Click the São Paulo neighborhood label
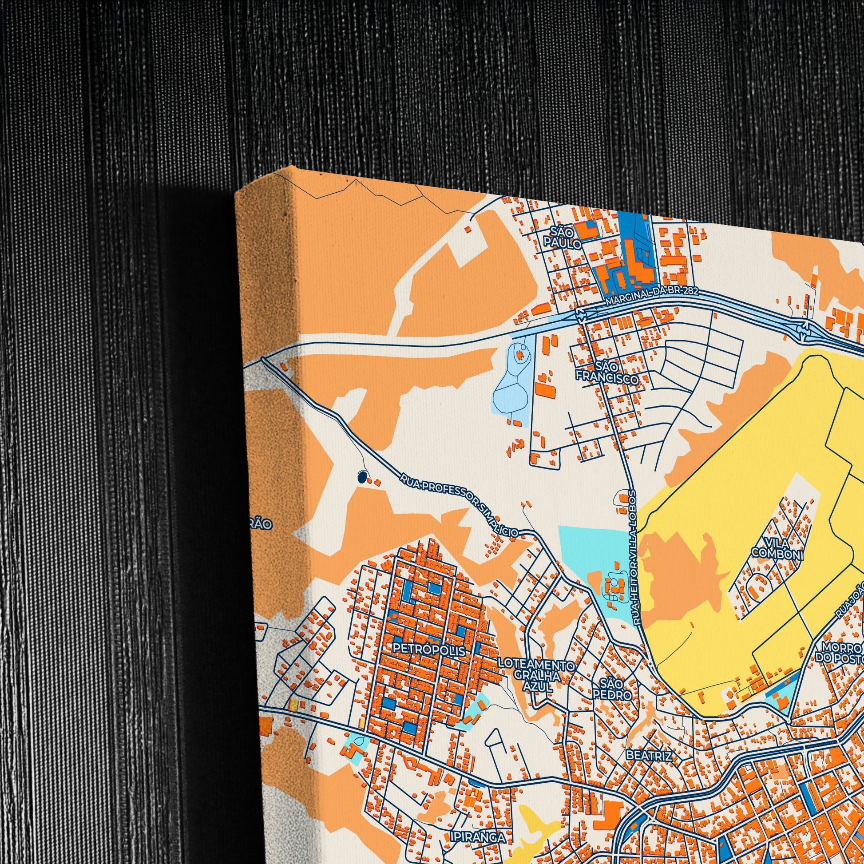pos(563,238)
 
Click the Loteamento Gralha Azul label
pos(536,674)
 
